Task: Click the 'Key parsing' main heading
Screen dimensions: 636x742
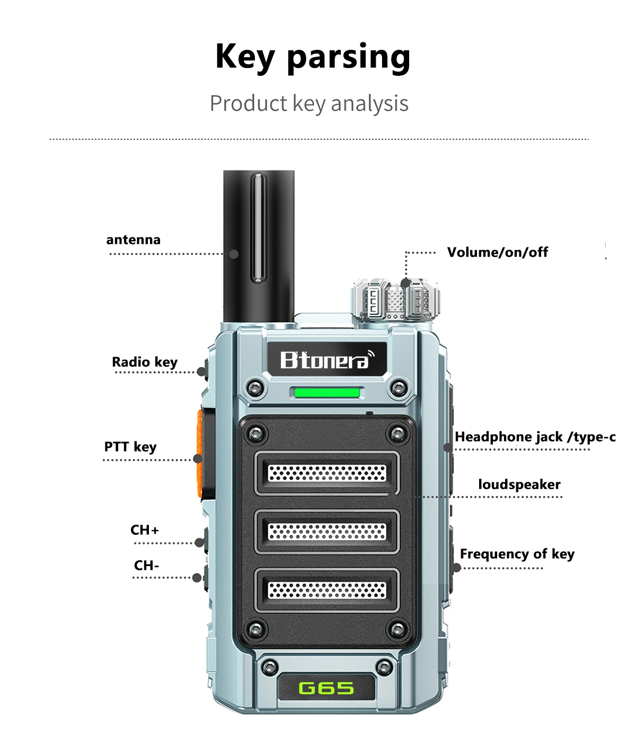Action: tap(313, 57)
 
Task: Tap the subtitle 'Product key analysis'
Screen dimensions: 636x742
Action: tap(309, 103)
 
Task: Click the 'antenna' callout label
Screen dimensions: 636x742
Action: tap(133, 240)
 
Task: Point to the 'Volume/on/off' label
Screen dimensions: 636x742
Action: tap(497, 252)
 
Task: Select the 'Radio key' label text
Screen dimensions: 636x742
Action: tap(145, 362)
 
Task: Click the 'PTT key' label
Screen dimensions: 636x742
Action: tap(130, 447)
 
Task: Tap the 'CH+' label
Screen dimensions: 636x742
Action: tap(145, 530)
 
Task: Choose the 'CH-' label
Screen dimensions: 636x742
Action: tap(146, 566)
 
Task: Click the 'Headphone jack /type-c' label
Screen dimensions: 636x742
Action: tap(535, 437)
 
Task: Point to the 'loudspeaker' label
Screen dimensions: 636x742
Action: tap(519, 484)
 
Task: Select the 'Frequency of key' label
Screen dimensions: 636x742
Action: tap(517, 554)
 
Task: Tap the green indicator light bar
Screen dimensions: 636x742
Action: tap(326, 393)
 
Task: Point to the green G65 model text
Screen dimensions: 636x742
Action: tap(326, 688)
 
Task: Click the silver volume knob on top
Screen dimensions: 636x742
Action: tap(395, 301)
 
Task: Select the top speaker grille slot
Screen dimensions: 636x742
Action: tap(326, 473)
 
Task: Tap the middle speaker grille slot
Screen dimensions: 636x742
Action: tap(326, 532)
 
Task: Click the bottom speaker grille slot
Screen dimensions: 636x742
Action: tap(326, 589)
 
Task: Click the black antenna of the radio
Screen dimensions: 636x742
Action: tap(259, 244)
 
